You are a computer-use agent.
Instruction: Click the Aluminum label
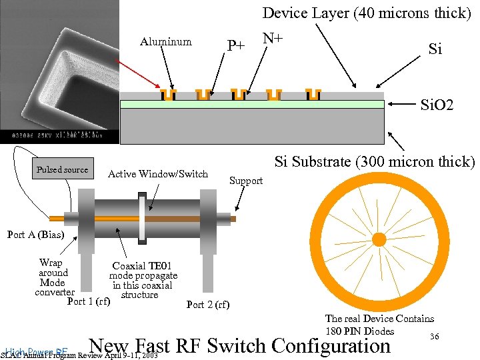tap(166, 42)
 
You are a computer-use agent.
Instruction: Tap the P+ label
tap(236, 45)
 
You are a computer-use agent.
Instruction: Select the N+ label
tap(273, 39)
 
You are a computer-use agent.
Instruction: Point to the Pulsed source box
tap(62, 170)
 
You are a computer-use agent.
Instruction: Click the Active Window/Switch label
tap(158, 174)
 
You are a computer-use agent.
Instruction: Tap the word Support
tap(246, 181)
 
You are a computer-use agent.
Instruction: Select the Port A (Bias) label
tap(35, 234)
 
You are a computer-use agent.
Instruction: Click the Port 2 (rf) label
tap(207, 305)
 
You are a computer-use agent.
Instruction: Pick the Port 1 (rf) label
tap(89, 301)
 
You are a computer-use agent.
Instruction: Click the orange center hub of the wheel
tap(378, 239)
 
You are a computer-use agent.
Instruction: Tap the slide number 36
tap(434, 337)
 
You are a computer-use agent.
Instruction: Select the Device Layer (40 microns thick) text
tap(367, 13)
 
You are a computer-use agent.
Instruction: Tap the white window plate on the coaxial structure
tap(141, 218)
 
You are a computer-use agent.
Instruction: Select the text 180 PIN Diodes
tap(359, 331)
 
